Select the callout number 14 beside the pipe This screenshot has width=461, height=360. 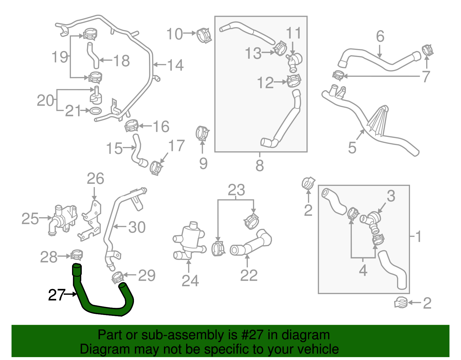tap(175, 65)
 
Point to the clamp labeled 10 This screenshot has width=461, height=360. tap(204, 35)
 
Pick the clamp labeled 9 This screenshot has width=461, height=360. tap(202, 133)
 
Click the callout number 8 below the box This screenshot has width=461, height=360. tap(260, 166)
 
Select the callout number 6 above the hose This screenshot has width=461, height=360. tap(380, 36)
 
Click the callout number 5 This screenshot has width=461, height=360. tap(352, 148)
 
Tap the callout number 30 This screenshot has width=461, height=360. tap(137, 227)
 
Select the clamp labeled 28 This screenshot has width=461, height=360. tap(77, 255)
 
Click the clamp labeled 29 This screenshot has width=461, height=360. tap(118, 277)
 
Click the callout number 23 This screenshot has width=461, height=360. tap(236, 190)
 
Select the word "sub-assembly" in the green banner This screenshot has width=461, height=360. tap(167, 335)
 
